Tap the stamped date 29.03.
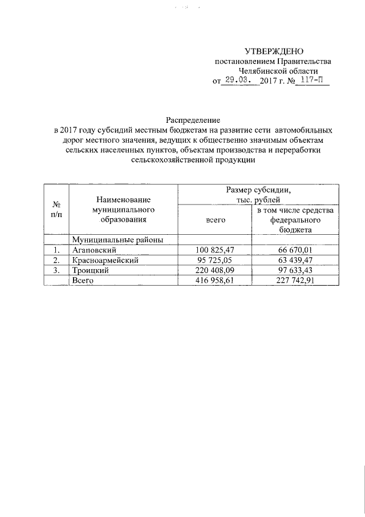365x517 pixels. coord(238,81)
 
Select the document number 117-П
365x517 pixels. coord(313,81)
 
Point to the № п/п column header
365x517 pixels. coord(56,209)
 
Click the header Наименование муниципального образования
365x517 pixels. coord(123,209)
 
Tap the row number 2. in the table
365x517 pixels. coord(56,260)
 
